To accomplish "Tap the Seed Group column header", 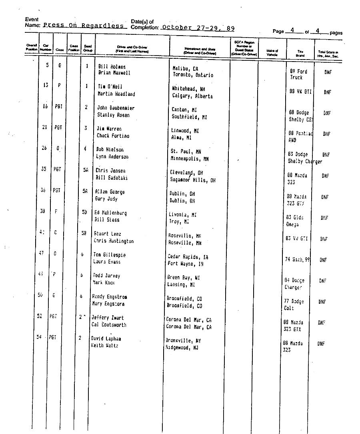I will [88, 49].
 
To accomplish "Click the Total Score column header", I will [328, 54].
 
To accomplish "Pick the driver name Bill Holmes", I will [112, 67].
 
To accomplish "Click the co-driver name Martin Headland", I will [116, 94].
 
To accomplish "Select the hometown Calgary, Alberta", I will [193, 96].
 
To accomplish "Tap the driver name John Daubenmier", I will [116, 108].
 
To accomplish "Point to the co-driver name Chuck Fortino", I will [113, 136].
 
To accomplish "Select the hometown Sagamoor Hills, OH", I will [193, 180].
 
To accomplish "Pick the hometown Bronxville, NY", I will [183, 341].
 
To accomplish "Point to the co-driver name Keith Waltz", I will [105, 345].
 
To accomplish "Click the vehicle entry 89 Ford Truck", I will [298, 74].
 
